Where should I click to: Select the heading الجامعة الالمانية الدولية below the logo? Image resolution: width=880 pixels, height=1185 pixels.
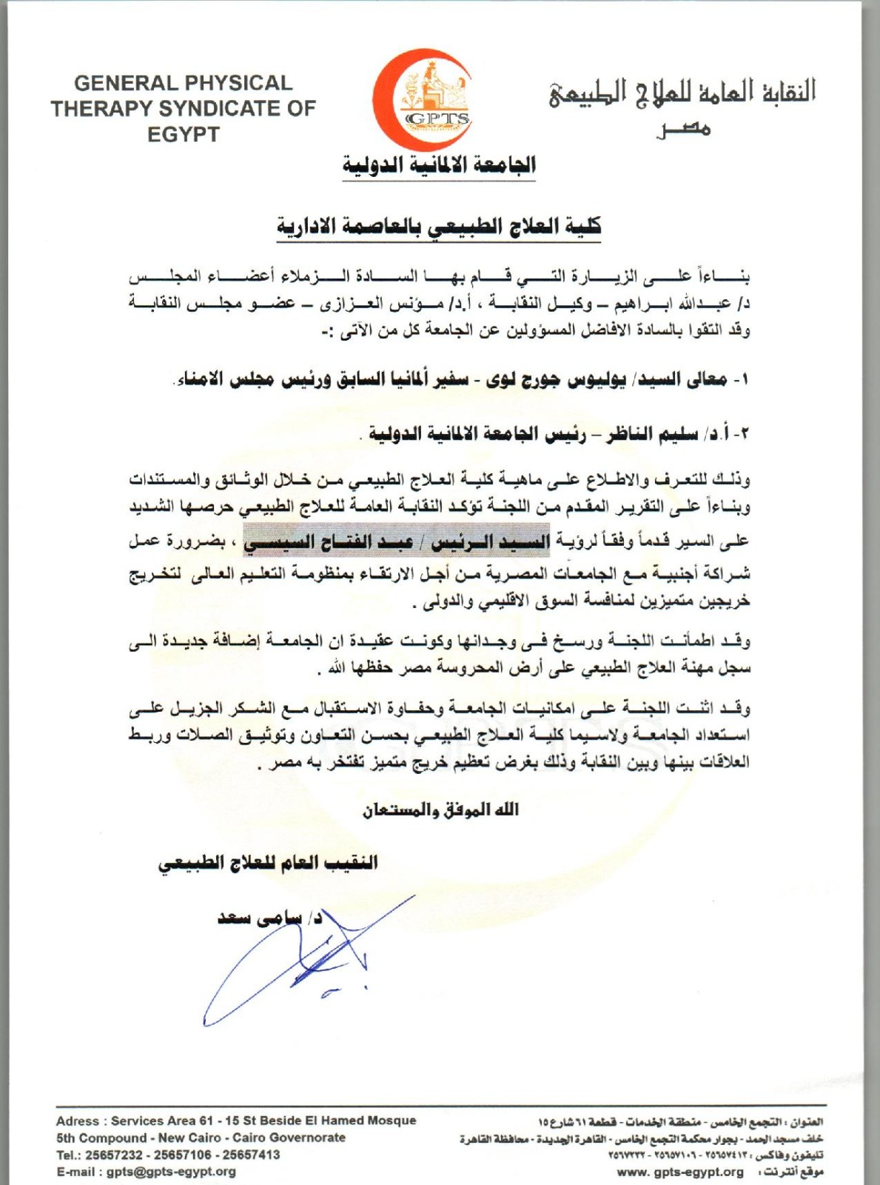[x=439, y=164]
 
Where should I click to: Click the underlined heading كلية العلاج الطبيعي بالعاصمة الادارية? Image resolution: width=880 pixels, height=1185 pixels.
[x=439, y=226]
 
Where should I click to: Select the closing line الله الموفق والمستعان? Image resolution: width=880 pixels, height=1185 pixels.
[x=440, y=810]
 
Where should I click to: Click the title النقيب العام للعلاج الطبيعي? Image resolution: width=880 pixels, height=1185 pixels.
[x=268, y=863]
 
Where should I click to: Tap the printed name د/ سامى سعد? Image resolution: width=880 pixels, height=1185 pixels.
[x=269, y=919]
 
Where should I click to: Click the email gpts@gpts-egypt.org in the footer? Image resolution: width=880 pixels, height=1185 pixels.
[x=171, y=1172]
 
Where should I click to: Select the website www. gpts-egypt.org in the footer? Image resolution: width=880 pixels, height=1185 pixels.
[x=680, y=1172]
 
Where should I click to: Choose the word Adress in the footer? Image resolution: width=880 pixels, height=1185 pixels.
[x=77, y=1121]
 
